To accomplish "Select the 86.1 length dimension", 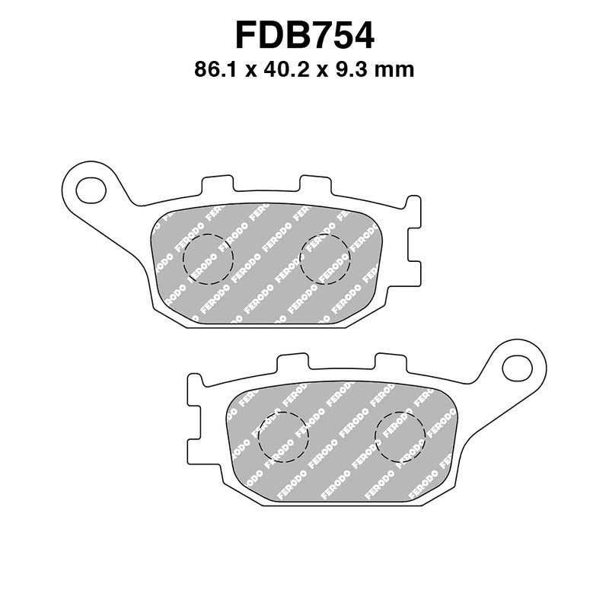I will (x=218, y=71).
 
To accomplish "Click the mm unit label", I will (x=398, y=71).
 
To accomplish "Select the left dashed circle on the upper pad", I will (x=208, y=258).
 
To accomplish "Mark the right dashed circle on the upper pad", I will (x=325, y=258).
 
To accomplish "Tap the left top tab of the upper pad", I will (x=217, y=186).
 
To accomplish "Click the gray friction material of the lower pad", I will (x=343, y=457).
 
